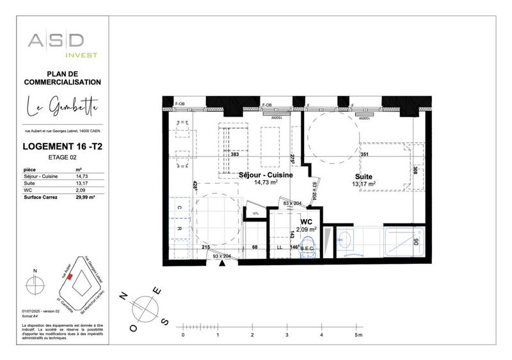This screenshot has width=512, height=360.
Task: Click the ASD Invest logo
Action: tap(62, 44)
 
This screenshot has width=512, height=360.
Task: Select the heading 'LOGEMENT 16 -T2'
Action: tap(62, 147)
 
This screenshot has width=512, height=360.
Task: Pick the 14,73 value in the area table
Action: tap(81, 176)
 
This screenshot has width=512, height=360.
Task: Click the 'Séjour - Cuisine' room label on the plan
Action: tap(266, 175)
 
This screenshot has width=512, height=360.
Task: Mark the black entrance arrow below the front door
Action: tap(222, 264)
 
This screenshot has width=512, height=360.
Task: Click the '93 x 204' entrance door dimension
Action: tap(222, 256)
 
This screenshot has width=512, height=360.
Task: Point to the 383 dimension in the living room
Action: tap(234, 155)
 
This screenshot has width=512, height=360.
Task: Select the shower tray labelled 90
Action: tap(403, 242)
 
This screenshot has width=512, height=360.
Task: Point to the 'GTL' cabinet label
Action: tap(255, 213)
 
